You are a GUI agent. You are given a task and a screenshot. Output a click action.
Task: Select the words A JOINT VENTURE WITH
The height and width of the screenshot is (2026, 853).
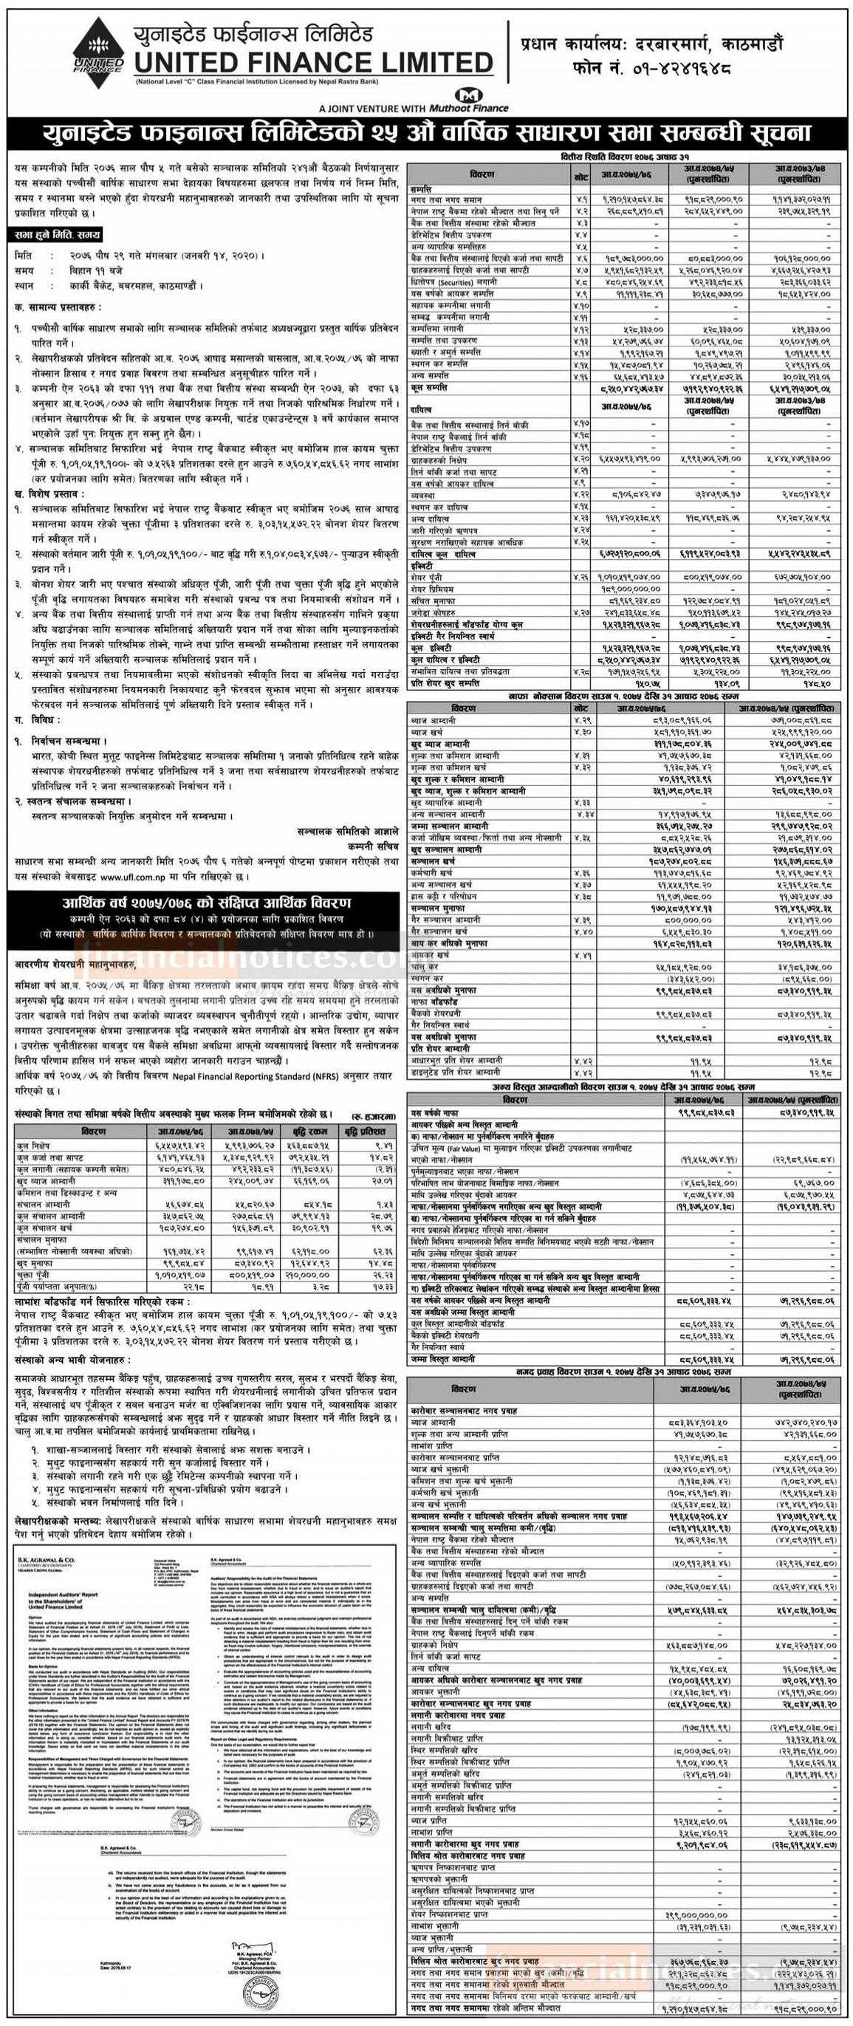point(373,107)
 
